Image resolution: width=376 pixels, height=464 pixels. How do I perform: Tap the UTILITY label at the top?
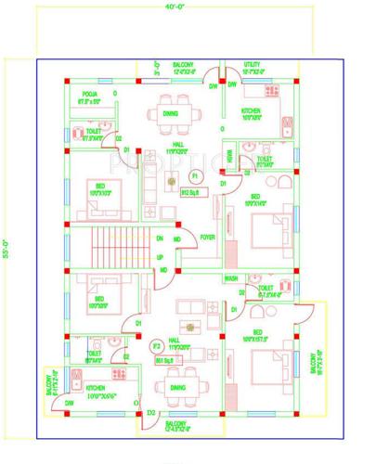click(x=256, y=64)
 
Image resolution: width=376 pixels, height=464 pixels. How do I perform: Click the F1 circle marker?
click(x=195, y=174)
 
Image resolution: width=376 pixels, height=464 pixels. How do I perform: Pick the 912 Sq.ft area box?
click(x=193, y=193)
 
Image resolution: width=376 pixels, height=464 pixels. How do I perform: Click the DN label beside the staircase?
click(x=161, y=238)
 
